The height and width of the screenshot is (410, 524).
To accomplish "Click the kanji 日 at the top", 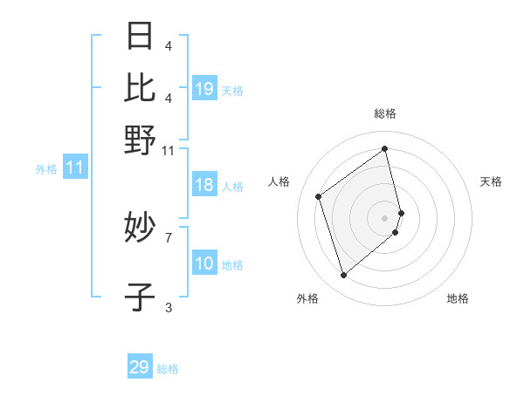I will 140,36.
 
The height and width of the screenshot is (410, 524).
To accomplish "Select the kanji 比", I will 140,87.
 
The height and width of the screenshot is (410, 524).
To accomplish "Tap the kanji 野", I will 140,139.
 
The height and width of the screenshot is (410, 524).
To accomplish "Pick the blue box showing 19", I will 204,88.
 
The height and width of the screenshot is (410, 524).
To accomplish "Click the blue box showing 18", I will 204,185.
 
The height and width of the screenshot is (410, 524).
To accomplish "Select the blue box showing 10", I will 204,263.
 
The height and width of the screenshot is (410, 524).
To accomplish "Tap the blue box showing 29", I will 140,367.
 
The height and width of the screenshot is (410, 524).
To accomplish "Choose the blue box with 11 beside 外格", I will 74,168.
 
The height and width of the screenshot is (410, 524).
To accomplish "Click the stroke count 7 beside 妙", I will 169,236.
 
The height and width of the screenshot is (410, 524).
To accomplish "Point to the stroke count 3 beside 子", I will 169,307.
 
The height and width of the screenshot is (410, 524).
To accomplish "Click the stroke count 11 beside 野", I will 169,150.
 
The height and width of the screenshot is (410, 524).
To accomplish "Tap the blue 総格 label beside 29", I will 168,369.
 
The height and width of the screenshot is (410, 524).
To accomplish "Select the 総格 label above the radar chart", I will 385,113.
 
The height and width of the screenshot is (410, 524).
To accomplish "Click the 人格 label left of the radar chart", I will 279,181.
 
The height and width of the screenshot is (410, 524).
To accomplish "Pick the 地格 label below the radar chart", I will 458,298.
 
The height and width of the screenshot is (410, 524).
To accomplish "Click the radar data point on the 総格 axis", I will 385,148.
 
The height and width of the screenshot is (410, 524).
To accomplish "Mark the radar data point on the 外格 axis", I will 343,276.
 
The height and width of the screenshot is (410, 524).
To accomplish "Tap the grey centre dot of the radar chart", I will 385,217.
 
